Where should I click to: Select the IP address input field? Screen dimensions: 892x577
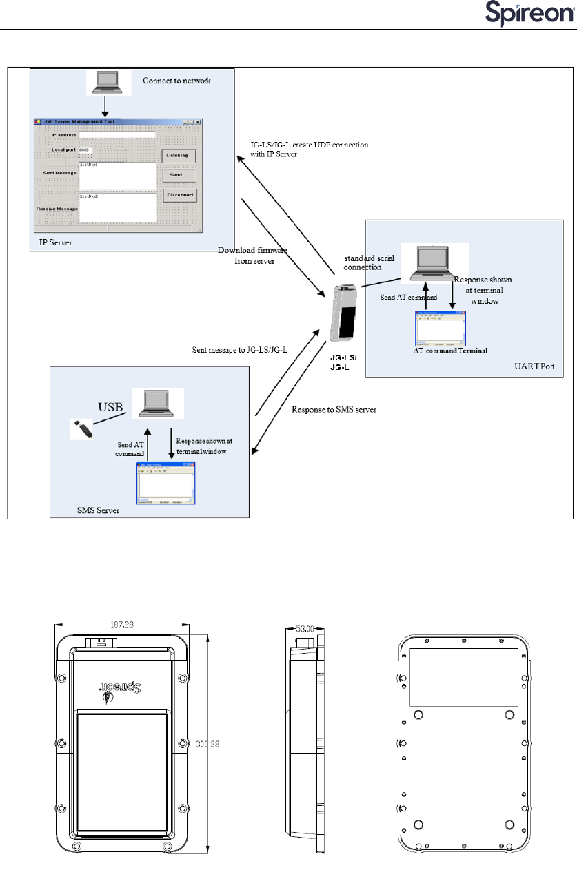point(117,134)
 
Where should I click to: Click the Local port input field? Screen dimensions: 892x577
point(85,149)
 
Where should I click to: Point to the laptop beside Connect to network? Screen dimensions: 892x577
point(108,83)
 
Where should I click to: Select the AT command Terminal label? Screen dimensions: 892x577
point(450,351)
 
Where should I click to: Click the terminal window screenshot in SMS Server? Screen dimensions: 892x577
point(165,483)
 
